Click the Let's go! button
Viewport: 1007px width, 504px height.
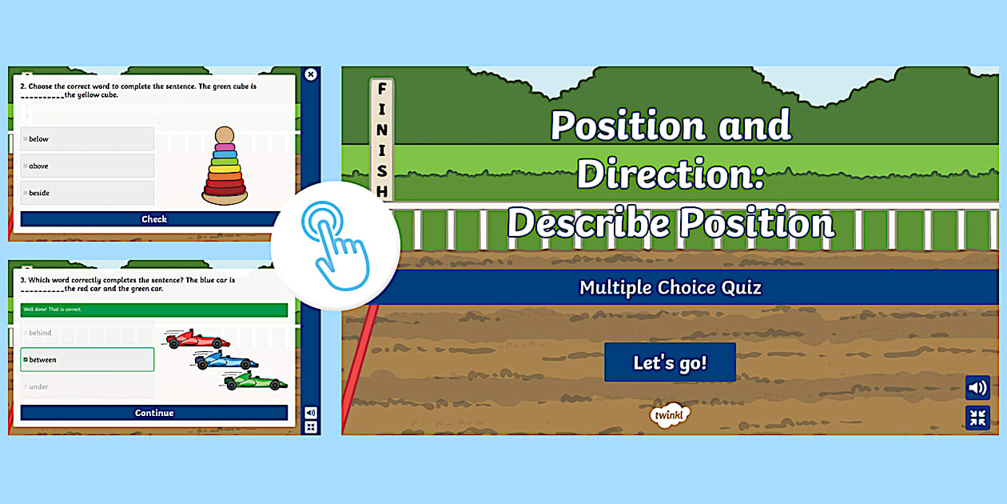coord(670,362)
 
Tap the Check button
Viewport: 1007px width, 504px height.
coord(154,219)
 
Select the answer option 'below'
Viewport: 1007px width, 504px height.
coord(87,139)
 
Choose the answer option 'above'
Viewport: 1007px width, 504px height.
coord(87,166)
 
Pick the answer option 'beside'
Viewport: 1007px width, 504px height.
coord(87,193)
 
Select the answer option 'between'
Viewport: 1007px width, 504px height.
coord(87,360)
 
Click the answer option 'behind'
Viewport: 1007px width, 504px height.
coord(87,333)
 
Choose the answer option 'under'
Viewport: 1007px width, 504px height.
coord(87,387)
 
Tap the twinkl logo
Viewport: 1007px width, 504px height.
coord(669,414)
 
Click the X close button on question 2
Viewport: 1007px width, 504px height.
coord(311,74)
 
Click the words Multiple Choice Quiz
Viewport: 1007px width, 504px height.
coord(671,287)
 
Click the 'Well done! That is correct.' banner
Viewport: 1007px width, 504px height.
coord(154,310)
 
